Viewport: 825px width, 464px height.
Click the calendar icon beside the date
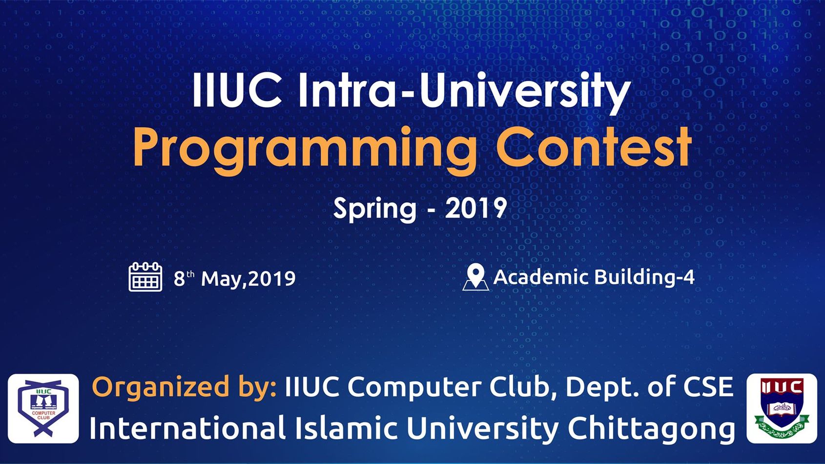(x=145, y=277)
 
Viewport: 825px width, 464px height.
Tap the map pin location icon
(x=475, y=277)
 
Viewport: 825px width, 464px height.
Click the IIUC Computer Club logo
(x=43, y=408)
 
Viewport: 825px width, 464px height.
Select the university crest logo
(x=782, y=408)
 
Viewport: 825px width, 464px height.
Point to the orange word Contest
(x=594, y=147)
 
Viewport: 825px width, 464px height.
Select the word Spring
(x=375, y=210)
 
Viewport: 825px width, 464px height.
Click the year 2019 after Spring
(x=475, y=208)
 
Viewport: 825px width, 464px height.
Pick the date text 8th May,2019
(x=235, y=278)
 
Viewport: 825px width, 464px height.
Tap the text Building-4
(x=644, y=277)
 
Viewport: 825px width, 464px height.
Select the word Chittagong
(x=651, y=429)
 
